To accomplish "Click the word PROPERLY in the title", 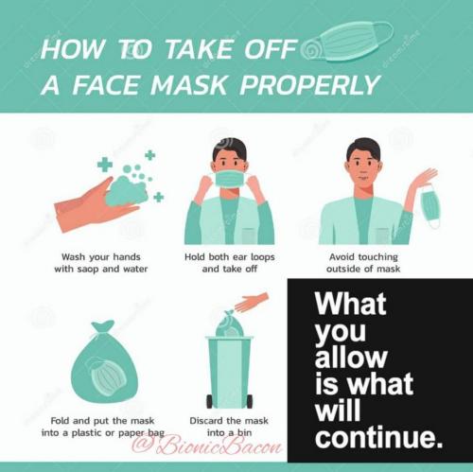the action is pyautogui.click(x=309, y=85).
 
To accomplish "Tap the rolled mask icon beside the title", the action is pyautogui.click(x=348, y=42).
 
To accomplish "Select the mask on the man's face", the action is pyautogui.click(x=230, y=179).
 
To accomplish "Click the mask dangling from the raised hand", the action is pyautogui.click(x=431, y=206).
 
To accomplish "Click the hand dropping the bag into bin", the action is pyautogui.click(x=252, y=302).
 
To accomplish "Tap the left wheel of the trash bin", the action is pyautogui.click(x=209, y=401).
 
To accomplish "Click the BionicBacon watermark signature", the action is pyautogui.click(x=206, y=446).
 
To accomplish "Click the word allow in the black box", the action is pyautogui.click(x=351, y=358).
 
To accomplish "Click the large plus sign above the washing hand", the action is pyautogui.click(x=105, y=165).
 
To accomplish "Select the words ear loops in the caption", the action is pyautogui.click(x=254, y=257).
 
